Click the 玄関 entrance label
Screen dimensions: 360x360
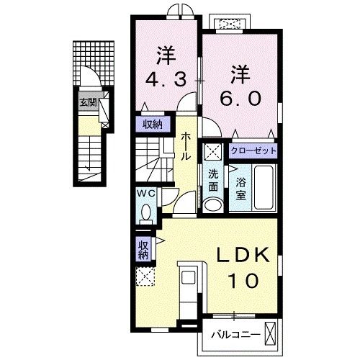coord(88,102)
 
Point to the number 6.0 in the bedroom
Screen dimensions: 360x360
coord(240,96)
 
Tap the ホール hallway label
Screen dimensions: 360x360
coord(186,145)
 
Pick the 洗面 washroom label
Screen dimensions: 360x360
coord(214,179)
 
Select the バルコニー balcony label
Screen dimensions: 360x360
coord(235,334)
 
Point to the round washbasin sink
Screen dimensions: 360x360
coord(214,205)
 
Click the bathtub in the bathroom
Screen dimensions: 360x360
coord(264,188)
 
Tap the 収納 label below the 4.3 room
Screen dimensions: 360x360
coord(153,125)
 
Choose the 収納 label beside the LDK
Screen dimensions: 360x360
coord(143,248)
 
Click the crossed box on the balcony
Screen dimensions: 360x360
coord(271,335)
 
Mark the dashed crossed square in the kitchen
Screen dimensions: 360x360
coord(145,276)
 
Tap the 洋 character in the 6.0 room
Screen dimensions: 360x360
coord(240,73)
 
